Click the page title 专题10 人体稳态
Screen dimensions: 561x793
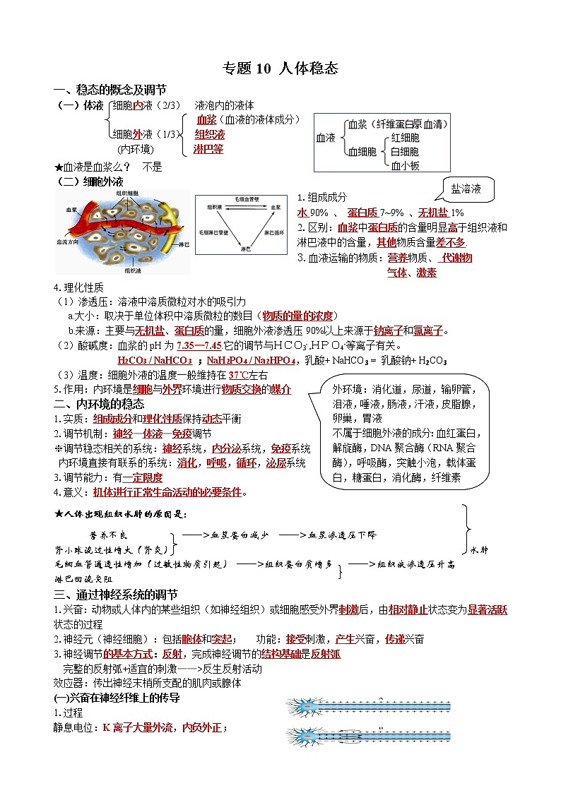pos(280,68)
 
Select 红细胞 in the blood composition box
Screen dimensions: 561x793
pos(405,138)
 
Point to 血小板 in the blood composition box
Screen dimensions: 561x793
pos(405,166)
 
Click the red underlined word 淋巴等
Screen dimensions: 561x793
pos(208,149)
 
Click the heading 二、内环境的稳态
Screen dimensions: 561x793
pos(99,404)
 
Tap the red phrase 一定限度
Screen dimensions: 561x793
pos(145,477)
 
